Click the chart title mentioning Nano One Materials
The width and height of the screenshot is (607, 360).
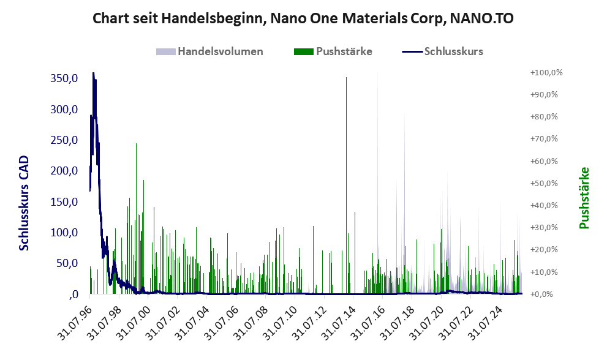tap(303, 18)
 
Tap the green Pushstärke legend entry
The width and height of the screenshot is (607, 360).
tap(344, 51)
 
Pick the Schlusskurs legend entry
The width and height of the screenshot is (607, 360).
tap(453, 51)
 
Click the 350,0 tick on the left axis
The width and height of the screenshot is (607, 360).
tap(64, 78)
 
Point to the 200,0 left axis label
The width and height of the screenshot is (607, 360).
tap(64, 171)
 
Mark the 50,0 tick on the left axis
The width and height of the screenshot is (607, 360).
tap(66, 263)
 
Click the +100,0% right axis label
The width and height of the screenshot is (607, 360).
tap(546, 73)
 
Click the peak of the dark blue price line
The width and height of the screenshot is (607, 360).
tap(93, 73)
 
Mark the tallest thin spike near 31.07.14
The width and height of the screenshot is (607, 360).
tap(346, 78)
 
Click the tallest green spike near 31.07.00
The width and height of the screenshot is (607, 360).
tap(136, 144)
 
